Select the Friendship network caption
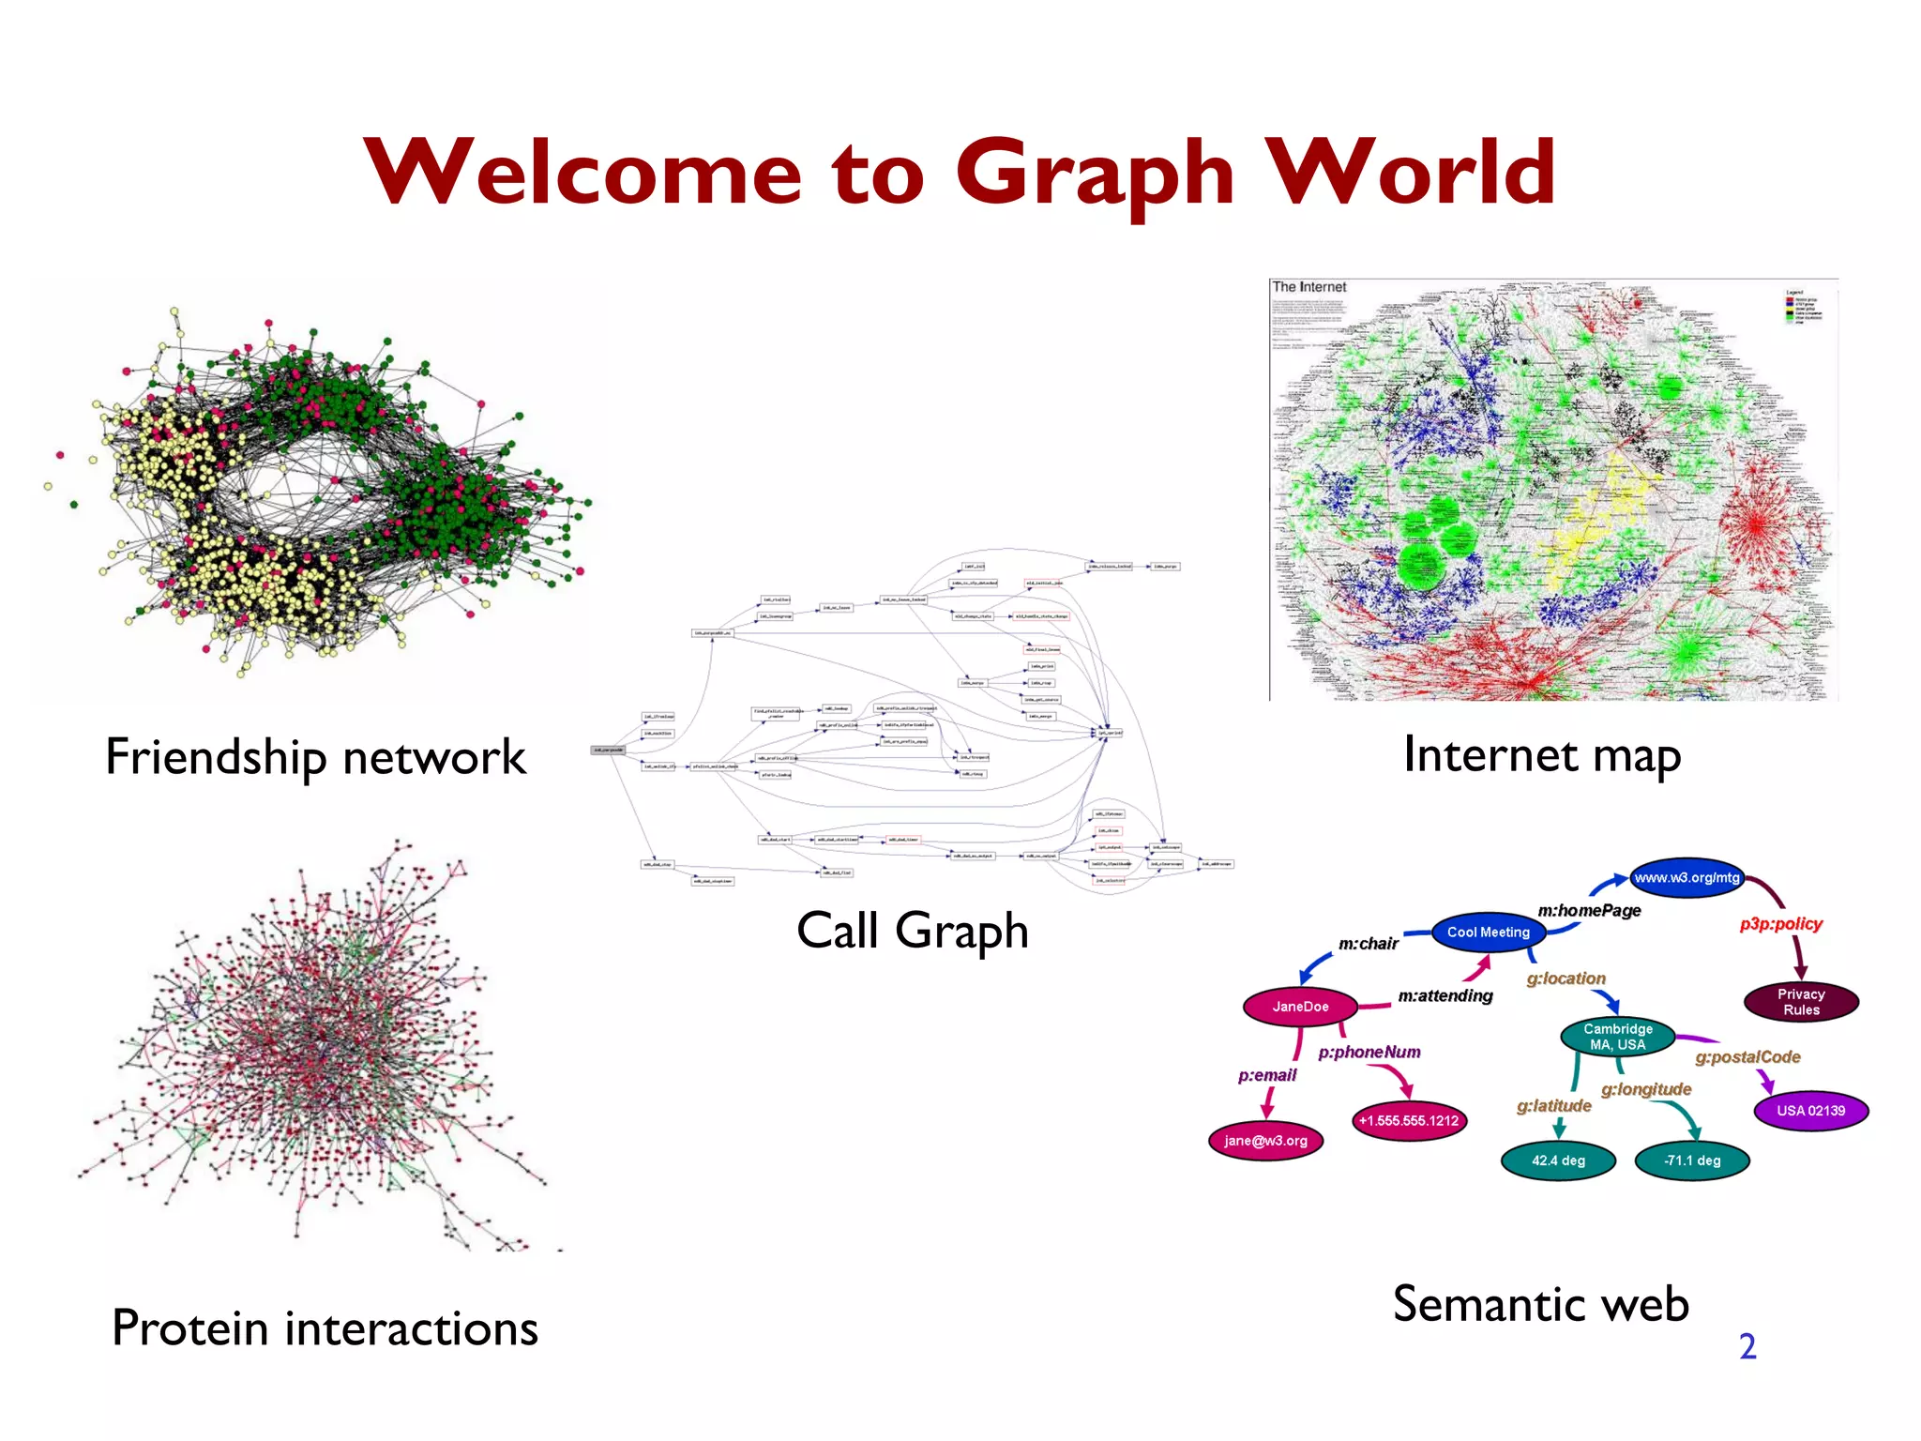[315, 757]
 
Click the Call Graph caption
[912, 931]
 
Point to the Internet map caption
[1542, 755]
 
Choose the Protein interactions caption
[325, 1328]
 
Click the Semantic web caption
[1541, 1304]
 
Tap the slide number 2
[1747, 1347]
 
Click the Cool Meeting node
[1488, 933]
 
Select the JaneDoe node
[1300, 1007]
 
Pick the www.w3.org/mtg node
[1687, 878]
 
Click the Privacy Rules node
[1801, 1002]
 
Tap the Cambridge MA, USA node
[1618, 1037]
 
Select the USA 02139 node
[1810, 1111]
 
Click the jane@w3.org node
[1265, 1141]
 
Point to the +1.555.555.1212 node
[1409, 1121]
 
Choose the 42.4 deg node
[1558, 1160]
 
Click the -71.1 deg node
[1692, 1160]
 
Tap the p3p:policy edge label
[1780, 924]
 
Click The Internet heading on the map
[1308, 287]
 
